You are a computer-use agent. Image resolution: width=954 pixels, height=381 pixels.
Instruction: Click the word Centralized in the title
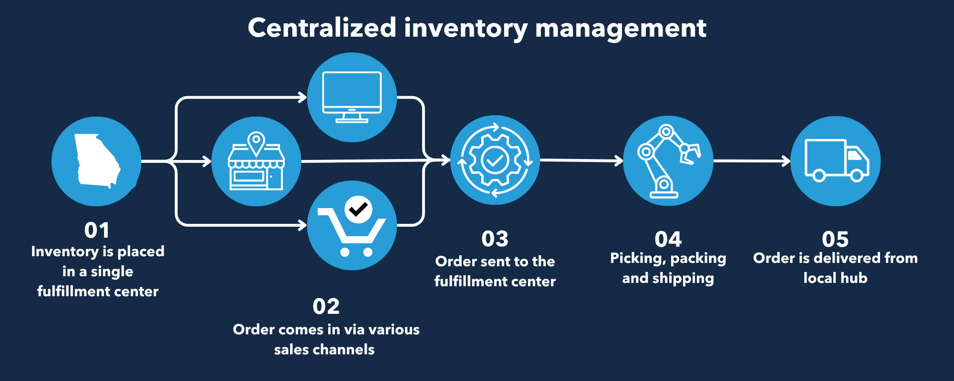pyautogui.click(x=322, y=28)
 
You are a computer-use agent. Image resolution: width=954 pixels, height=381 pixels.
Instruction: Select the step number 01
pyautogui.click(x=97, y=231)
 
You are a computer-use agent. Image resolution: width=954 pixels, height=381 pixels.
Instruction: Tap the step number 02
pyautogui.click(x=326, y=306)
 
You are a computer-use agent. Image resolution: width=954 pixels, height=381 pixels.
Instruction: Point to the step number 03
pyautogui.click(x=495, y=239)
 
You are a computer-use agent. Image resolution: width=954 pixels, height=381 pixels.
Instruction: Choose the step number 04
pyautogui.click(x=668, y=239)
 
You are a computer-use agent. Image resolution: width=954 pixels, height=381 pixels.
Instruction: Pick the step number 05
pyautogui.click(x=835, y=239)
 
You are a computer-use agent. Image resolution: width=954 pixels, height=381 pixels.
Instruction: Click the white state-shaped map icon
pyautogui.click(x=97, y=161)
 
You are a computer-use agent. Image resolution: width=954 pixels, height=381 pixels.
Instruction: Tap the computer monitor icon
pyautogui.click(x=352, y=97)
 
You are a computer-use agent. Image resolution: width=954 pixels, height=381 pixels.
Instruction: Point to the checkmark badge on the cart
pyautogui.click(x=358, y=209)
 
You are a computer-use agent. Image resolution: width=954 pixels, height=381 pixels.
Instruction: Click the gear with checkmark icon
pyautogui.click(x=495, y=160)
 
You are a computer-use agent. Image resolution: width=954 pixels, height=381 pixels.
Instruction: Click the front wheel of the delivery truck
pyautogui.click(x=857, y=176)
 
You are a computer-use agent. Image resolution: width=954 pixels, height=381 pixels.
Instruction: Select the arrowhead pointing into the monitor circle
pyautogui.click(x=302, y=97)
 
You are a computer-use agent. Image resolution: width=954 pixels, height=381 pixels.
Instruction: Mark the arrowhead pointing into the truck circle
pyautogui.click(x=786, y=161)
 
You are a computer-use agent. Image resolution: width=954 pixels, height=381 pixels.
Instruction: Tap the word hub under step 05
pyautogui.click(x=854, y=278)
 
